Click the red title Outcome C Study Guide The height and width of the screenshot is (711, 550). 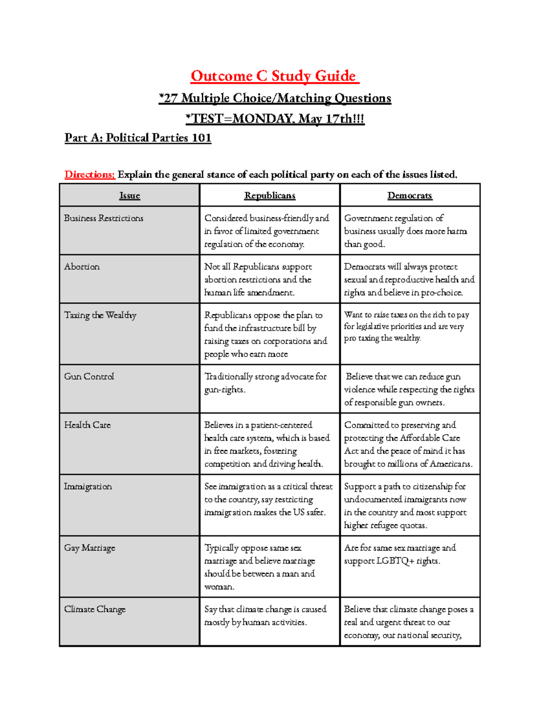(274, 76)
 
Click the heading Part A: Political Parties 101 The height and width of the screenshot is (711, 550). (137, 138)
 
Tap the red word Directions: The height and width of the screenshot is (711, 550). (89, 174)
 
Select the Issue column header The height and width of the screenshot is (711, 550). (129, 195)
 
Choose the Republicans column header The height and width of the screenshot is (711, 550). (269, 195)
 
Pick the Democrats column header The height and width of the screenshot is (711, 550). (409, 195)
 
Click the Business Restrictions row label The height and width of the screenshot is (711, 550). (104, 218)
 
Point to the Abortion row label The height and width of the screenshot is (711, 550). (82, 267)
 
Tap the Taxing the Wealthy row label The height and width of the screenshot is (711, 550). (100, 315)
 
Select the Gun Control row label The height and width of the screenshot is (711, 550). (89, 376)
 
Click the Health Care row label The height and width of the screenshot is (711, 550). (87, 425)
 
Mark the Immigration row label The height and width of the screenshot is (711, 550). (88, 486)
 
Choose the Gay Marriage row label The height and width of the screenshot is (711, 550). (89, 548)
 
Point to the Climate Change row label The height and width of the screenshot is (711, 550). (94, 609)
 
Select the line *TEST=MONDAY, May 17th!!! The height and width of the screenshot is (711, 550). (275, 119)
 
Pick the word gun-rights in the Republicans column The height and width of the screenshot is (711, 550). (225, 390)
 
